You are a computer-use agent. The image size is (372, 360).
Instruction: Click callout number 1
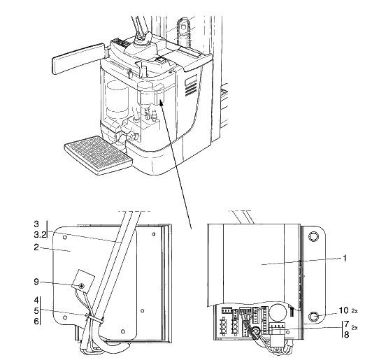click(345, 258)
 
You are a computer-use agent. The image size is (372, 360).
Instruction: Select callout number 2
click(36, 247)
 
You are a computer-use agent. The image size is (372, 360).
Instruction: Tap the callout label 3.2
click(40, 235)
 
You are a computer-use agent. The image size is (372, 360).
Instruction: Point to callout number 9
click(36, 282)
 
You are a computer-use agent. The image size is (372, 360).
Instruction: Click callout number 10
click(343, 310)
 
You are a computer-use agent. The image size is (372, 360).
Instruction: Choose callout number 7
click(346, 324)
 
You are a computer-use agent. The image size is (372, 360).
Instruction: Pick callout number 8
click(346, 334)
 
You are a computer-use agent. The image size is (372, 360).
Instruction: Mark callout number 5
click(36, 310)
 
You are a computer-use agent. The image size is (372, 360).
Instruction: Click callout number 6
click(36, 322)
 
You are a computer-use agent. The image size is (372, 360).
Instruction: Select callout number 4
click(36, 300)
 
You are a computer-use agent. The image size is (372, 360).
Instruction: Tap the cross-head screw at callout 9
click(82, 286)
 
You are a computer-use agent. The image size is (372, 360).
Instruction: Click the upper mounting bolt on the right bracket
click(313, 236)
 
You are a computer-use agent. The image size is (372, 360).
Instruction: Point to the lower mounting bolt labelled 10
click(314, 316)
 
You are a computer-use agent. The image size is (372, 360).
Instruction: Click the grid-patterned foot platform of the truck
click(98, 155)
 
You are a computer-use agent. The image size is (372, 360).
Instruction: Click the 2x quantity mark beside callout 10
click(355, 311)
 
